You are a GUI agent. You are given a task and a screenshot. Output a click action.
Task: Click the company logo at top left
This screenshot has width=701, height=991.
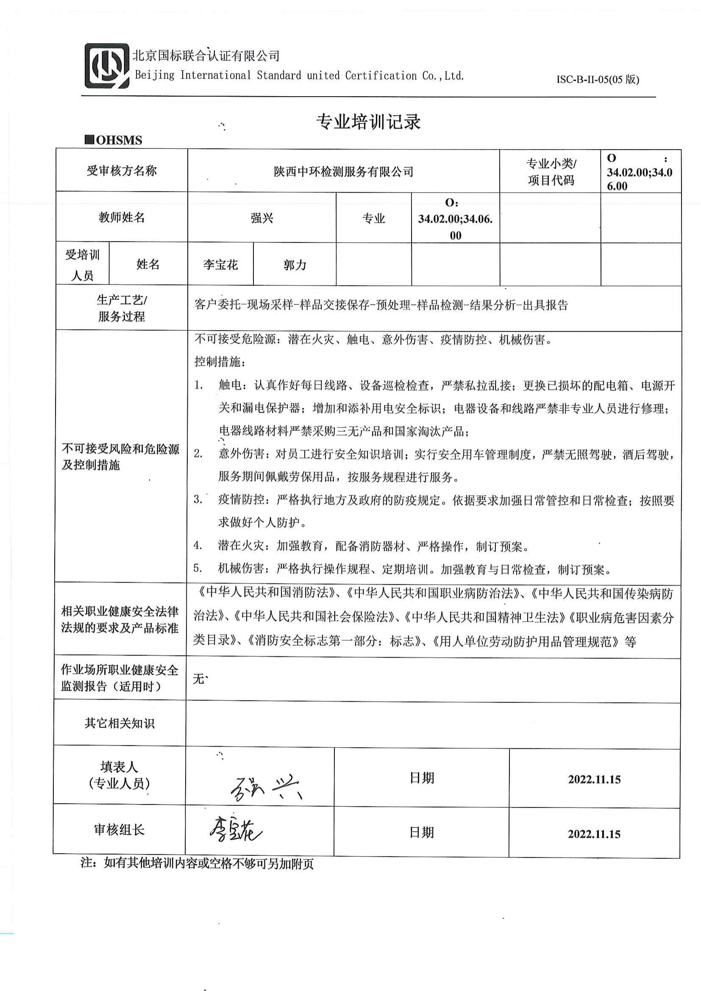tap(107, 66)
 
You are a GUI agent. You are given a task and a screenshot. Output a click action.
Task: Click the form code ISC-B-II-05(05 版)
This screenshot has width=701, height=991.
tap(598, 79)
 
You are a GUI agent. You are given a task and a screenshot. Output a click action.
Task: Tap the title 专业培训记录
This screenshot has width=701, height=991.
tap(368, 122)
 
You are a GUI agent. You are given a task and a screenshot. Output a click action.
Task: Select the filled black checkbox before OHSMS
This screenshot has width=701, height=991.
tap(89, 140)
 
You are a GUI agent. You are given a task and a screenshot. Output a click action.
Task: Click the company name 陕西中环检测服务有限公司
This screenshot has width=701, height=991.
tap(344, 172)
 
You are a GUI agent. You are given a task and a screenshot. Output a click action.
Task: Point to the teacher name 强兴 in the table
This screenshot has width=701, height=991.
tap(261, 218)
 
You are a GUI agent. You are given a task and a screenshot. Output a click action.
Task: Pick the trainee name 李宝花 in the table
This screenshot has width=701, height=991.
tap(220, 264)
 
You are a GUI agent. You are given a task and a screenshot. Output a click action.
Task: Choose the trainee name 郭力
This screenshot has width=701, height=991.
tap(295, 264)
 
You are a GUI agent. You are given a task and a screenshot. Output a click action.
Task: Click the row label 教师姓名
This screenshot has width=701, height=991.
tap(121, 217)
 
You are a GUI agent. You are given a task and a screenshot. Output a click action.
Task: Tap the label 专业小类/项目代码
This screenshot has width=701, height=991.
tap(551, 172)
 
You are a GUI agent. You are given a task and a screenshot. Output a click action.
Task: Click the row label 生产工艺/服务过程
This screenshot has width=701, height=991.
tap(121, 308)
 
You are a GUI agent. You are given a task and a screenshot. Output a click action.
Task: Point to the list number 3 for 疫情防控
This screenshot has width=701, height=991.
tap(198, 500)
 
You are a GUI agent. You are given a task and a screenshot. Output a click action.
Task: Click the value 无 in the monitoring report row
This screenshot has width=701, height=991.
tap(198, 679)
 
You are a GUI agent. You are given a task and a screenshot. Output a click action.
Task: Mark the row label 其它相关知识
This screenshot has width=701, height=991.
tap(120, 723)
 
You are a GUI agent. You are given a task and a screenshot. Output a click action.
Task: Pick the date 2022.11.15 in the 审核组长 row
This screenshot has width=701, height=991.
tap(594, 834)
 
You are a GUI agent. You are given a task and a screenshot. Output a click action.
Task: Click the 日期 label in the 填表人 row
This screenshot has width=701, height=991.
tap(422, 778)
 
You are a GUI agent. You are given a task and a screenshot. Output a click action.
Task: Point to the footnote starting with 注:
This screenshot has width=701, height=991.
tap(197, 863)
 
